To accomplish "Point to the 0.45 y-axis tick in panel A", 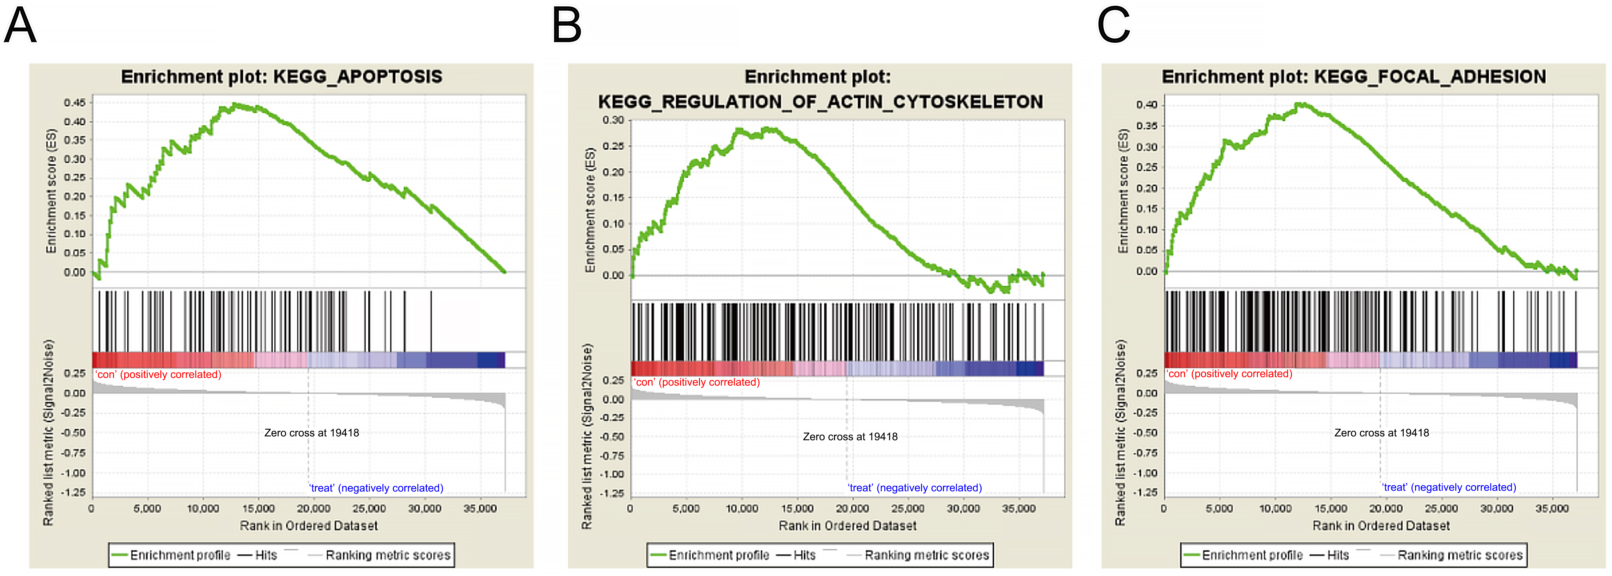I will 74,103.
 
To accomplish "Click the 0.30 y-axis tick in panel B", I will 613,120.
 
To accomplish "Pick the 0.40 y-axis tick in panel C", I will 1147,104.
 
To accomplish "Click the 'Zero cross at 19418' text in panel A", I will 312,433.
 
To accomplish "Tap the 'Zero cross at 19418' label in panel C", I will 1382,433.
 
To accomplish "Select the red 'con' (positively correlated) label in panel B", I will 696,382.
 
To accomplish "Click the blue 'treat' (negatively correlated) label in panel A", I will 376,488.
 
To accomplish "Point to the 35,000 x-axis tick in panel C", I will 1552,508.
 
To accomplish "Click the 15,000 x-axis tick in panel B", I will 797,508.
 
